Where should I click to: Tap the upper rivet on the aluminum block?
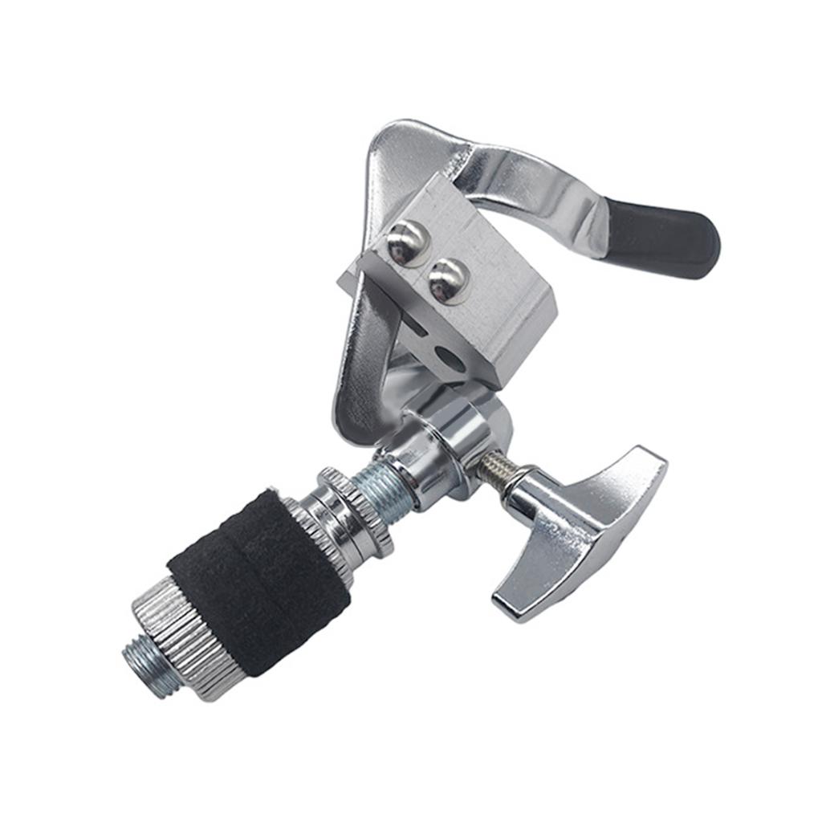pos(407,241)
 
